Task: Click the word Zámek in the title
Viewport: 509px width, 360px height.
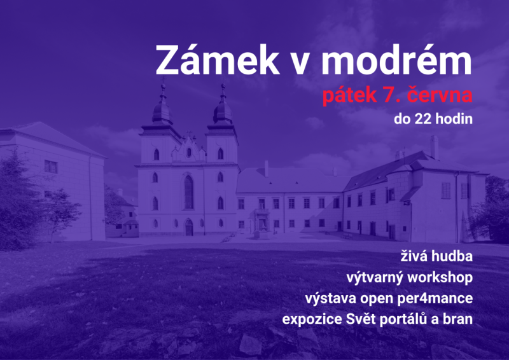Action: tap(218, 59)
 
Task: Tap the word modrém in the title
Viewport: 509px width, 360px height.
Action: tap(396, 59)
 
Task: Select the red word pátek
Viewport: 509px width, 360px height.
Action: tap(349, 95)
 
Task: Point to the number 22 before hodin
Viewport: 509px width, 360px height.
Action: tap(423, 119)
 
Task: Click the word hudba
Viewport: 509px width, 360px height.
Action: tap(452, 256)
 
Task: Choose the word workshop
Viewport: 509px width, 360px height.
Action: tap(440, 278)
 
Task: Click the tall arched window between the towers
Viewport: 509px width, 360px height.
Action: tap(188, 192)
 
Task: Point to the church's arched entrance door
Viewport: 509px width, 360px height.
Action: tap(188, 227)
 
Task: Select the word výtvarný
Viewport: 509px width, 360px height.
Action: tap(375, 278)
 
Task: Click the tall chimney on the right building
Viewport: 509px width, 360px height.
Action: tap(435, 147)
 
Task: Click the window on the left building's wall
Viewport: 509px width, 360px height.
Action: tap(51, 167)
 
